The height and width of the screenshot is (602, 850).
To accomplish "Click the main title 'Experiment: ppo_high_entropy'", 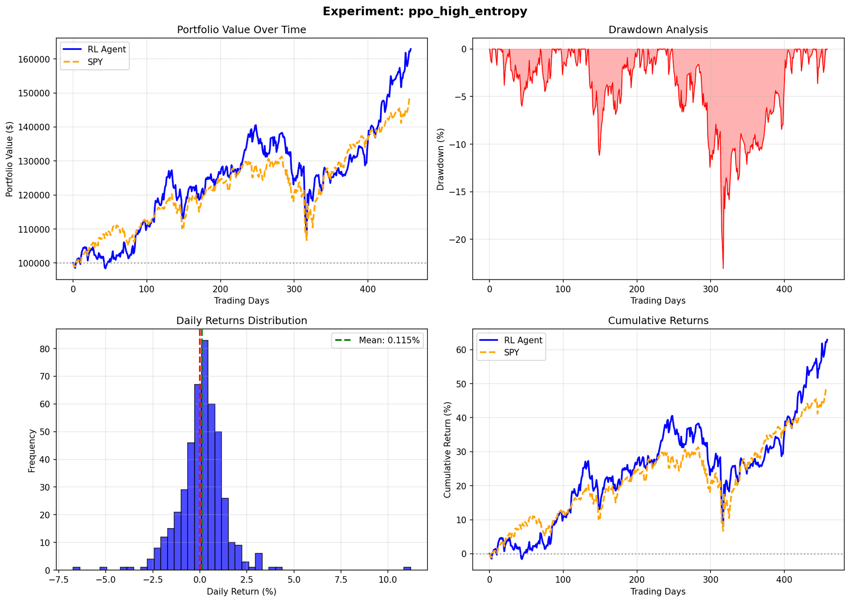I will pos(425,11).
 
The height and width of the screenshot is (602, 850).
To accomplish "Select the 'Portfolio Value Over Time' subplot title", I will pos(241,30).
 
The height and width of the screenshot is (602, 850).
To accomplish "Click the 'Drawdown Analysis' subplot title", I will pos(658,30).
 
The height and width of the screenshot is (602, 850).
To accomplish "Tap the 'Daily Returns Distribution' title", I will pos(242,321).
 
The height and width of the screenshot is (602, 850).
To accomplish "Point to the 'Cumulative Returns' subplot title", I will pos(658,321).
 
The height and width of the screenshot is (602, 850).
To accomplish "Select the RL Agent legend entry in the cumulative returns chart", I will pos(523,340).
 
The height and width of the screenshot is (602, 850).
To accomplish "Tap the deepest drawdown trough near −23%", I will pos(723,268).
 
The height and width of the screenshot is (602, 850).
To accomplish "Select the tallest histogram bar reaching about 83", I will pos(205,455).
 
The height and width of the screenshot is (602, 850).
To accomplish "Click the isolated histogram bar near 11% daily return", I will pos(407,568).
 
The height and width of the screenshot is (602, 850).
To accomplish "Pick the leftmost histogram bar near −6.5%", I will pos(76,568).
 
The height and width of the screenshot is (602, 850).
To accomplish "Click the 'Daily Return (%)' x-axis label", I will pos(242,591).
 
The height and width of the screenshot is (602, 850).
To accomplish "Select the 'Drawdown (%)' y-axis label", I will pos(441,159).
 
